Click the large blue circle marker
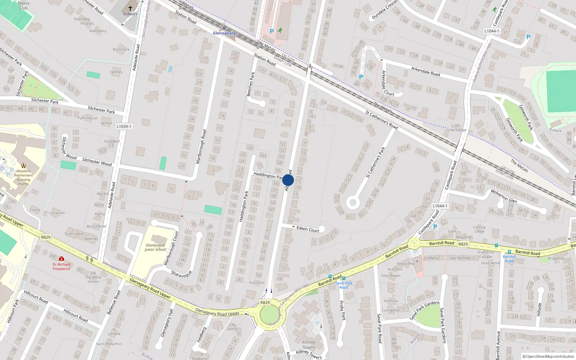(x=288, y=180)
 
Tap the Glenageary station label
(x=224, y=33)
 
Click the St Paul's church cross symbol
(x=130, y=8)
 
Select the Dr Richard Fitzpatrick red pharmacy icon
(x=62, y=259)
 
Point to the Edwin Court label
(x=308, y=229)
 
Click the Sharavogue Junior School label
(x=155, y=247)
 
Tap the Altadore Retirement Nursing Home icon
(x=23, y=166)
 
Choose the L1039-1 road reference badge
(x=124, y=127)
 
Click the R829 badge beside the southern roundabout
(x=265, y=302)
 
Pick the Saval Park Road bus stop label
(x=344, y=285)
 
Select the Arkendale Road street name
(x=426, y=71)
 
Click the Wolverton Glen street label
(x=504, y=196)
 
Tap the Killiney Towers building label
(x=309, y=345)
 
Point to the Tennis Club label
(x=23, y=5)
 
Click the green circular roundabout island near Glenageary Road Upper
(x=269, y=315)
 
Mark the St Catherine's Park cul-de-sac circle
(x=353, y=203)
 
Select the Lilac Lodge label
(x=456, y=130)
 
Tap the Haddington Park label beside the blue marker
(x=268, y=175)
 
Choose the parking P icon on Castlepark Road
(x=435, y=227)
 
